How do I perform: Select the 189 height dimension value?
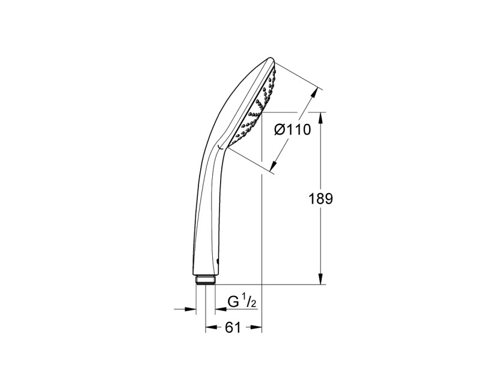321,199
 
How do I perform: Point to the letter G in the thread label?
233,303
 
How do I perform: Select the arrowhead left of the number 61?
211,328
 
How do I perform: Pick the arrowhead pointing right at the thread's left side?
192,309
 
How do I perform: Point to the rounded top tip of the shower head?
269,60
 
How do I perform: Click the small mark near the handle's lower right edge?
217,259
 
